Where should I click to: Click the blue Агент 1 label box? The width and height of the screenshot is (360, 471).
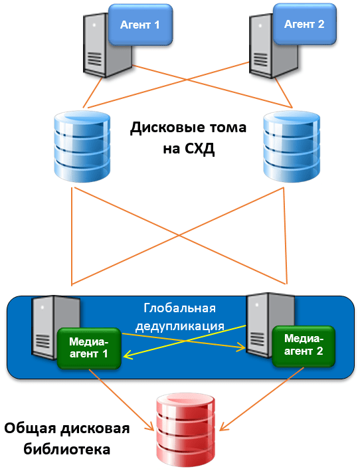coord(141,25)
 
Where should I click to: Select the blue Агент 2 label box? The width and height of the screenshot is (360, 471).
coord(304,24)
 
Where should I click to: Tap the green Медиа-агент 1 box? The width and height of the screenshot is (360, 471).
coord(89,348)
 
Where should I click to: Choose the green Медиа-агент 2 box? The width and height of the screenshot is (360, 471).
coord(304,346)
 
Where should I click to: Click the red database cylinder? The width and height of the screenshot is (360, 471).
coord(186,430)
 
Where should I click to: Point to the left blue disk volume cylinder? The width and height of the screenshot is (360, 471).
coord(82,147)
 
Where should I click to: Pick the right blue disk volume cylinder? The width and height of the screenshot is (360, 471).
coord(292,147)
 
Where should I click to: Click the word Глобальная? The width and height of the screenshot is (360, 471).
coord(179,308)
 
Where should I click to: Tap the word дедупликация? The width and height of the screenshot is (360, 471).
coord(180,326)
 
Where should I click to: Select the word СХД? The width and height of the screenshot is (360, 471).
coord(200,148)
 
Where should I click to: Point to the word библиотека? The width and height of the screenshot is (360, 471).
coord(67,449)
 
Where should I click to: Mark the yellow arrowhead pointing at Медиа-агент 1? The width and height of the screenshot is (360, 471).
coord(127,355)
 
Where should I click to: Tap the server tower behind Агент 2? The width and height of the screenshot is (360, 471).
coord(273,45)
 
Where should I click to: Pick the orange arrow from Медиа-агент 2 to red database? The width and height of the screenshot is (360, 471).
coord(262,399)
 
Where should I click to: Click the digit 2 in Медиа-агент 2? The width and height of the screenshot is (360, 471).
coord(319,351)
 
